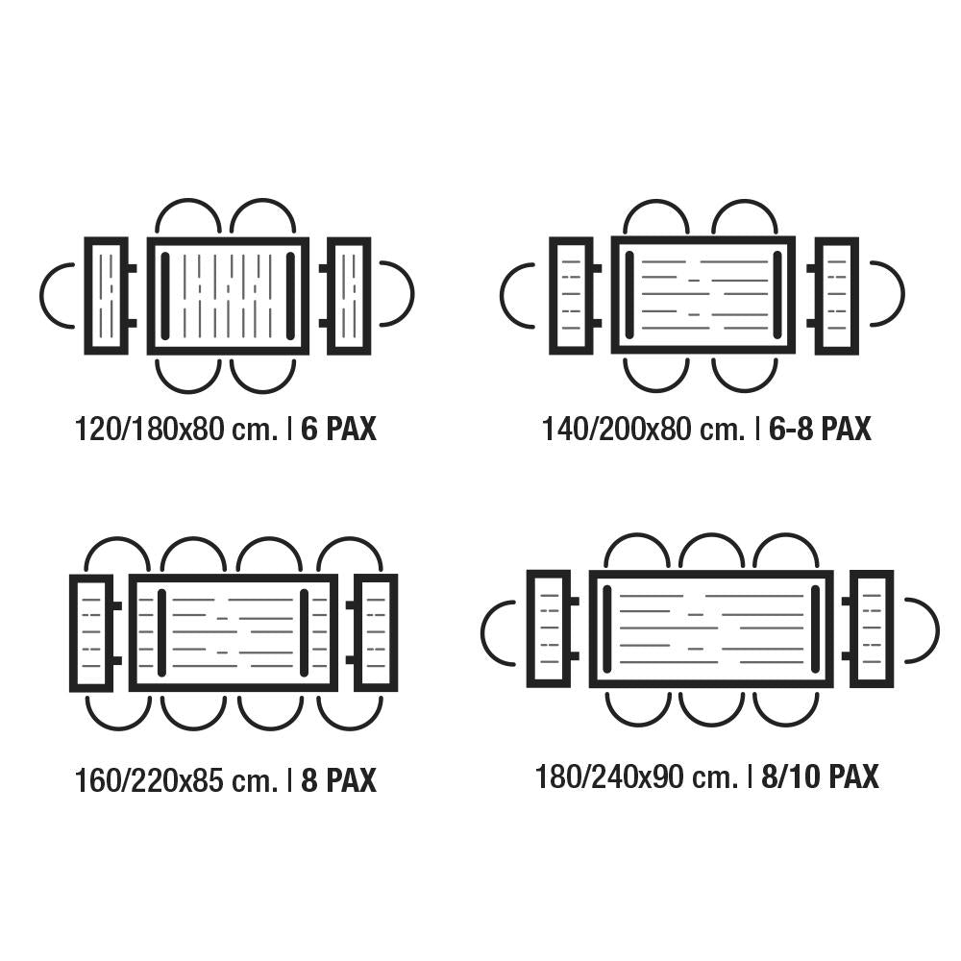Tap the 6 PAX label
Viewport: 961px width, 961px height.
(338, 429)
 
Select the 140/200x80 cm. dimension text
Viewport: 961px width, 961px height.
(644, 429)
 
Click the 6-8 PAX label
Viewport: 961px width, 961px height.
(820, 429)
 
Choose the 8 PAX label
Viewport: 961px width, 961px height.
(338, 780)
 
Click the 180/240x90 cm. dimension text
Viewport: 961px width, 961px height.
(637, 777)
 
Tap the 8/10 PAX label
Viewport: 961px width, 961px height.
(820, 777)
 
